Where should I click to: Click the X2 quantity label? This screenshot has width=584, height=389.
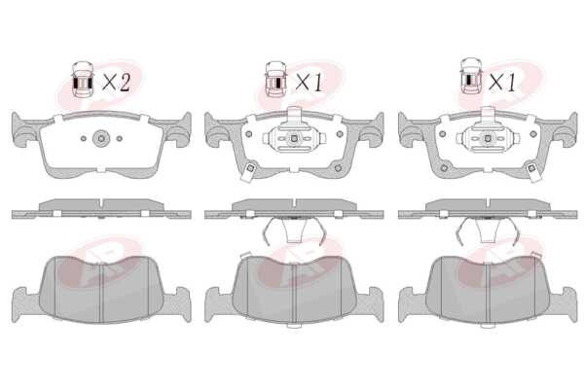[x=116, y=83]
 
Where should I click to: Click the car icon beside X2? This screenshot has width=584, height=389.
[x=83, y=80]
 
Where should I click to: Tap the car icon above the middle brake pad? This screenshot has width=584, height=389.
[x=276, y=80]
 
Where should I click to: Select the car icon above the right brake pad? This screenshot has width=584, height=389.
[x=471, y=76]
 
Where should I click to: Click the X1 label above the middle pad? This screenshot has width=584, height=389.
[x=309, y=83]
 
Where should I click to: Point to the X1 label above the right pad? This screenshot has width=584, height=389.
[x=502, y=83]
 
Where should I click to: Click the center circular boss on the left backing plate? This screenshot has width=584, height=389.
[x=101, y=138]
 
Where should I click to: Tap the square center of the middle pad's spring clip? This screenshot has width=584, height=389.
[x=294, y=138]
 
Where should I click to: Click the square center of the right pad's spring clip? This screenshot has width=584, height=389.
[x=488, y=138]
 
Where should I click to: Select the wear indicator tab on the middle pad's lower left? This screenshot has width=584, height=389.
[x=248, y=171]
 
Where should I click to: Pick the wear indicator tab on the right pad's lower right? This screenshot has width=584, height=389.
[x=533, y=171]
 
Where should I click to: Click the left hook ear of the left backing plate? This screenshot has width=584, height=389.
[x=20, y=129]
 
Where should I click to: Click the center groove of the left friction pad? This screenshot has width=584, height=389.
[x=101, y=293]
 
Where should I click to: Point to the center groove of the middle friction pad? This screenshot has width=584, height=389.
[x=294, y=293]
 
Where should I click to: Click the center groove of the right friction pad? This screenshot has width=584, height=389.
[x=488, y=293]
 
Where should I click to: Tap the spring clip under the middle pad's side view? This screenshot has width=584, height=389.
[x=294, y=230]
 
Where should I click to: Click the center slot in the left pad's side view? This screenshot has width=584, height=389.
[x=101, y=205]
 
